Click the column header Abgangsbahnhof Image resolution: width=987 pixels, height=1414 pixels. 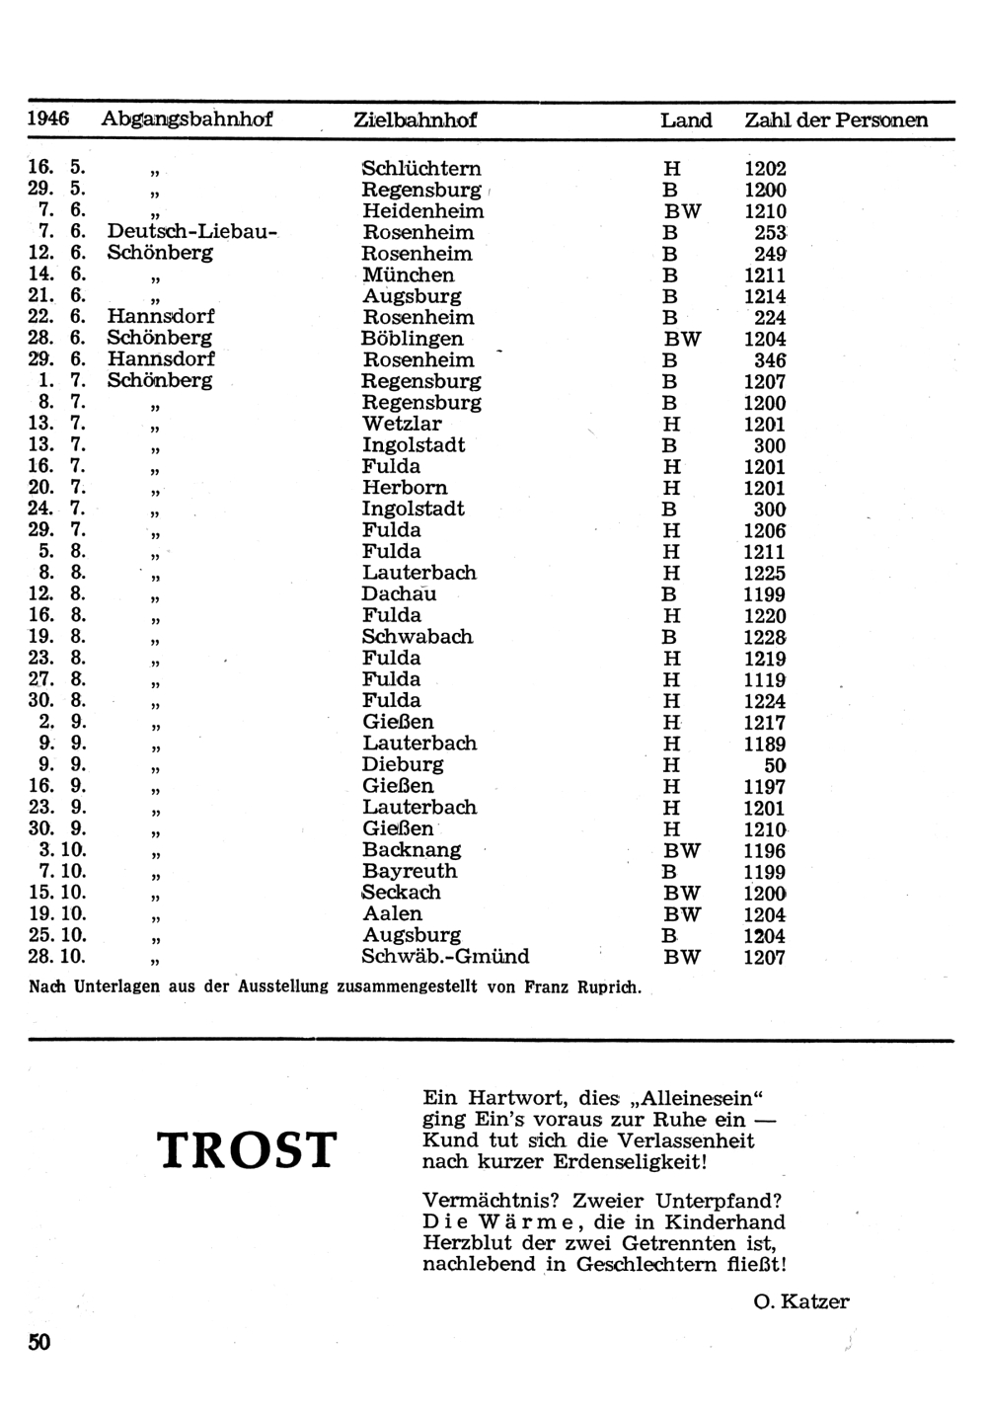pyautogui.click(x=187, y=119)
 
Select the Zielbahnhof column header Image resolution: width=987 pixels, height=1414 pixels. pyautogui.click(x=415, y=120)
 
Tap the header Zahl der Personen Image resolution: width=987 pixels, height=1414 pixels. pyautogui.click(x=836, y=120)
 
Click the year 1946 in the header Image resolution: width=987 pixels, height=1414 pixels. pyautogui.click(x=48, y=118)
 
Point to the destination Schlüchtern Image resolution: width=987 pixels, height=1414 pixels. pyautogui.click(x=421, y=169)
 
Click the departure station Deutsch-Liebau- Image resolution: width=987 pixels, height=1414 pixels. pyautogui.click(x=193, y=232)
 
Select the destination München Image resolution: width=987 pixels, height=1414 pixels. pyautogui.click(x=409, y=275)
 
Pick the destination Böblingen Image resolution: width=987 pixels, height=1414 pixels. pyautogui.click(x=412, y=339)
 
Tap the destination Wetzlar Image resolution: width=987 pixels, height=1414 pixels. pyautogui.click(x=402, y=425)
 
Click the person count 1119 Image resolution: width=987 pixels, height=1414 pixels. pyautogui.click(x=765, y=680)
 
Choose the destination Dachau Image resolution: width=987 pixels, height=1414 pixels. pyautogui.click(x=399, y=594)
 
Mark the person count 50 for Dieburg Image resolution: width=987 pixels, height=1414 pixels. pyautogui.click(x=775, y=765)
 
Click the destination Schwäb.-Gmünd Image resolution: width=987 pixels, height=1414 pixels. pyautogui.click(x=445, y=957)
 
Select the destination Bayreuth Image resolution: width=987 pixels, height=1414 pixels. pyautogui.click(x=410, y=872)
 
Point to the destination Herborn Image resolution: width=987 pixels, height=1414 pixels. pyautogui.click(x=405, y=488)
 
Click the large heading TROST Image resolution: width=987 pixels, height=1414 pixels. pyautogui.click(x=247, y=1151)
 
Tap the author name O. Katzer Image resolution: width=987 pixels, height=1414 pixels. pyautogui.click(x=800, y=1301)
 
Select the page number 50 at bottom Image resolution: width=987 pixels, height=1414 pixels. pyautogui.click(x=39, y=1342)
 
